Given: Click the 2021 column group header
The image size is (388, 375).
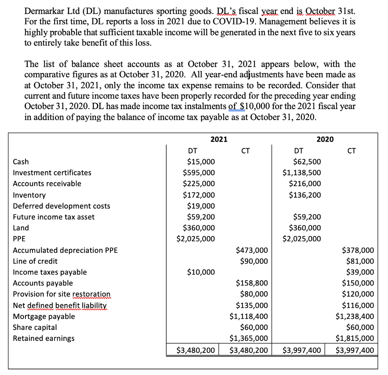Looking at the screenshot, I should click(219, 139).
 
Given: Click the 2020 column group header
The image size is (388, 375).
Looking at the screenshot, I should click(325, 139).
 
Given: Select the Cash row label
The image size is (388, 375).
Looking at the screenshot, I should click(21, 162).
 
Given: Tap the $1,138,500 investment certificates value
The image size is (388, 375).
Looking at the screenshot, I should click(302, 173).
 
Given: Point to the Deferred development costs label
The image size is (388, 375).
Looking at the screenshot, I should click(61, 206).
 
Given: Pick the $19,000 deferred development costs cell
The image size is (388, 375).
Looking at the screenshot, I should click(201, 206).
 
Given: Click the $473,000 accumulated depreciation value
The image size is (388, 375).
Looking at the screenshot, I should click(252, 250).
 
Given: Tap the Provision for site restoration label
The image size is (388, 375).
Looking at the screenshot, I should click(62, 294).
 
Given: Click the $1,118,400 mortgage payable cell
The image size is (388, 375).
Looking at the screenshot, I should click(249, 316).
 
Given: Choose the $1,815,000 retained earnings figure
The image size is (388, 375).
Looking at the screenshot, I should click(355, 338).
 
